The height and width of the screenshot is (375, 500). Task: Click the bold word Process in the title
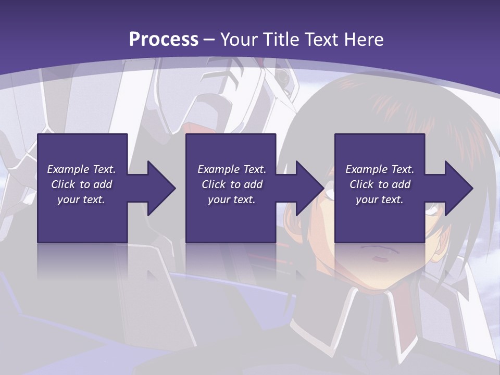coord(164,39)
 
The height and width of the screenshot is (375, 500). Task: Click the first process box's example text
coord(82,184)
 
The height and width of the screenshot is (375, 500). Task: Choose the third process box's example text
coord(380,184)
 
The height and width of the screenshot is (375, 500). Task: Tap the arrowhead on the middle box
coord(309,188)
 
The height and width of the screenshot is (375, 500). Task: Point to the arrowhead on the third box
coord(458,188)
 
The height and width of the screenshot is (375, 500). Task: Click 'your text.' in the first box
coord(82,199)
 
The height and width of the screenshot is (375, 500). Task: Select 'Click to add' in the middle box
coord(232,184)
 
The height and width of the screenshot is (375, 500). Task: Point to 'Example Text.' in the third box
coord(380,169)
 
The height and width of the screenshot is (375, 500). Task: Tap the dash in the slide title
coord(209,40)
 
